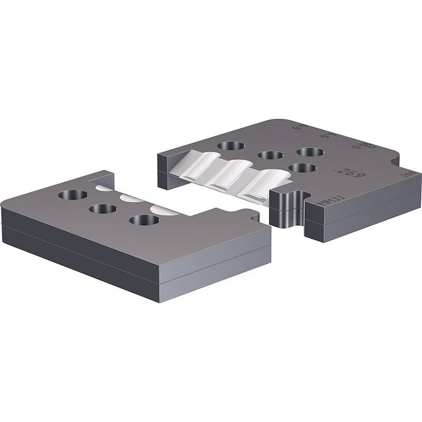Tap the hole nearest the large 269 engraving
[303, 168]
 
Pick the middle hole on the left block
[103, 208]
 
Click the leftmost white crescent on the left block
[103, 186]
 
